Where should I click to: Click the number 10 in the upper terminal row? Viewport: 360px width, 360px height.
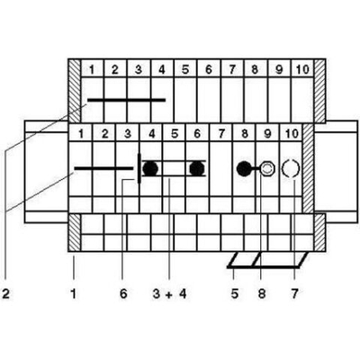point(302,69)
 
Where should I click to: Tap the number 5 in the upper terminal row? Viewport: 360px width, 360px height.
point(185,69)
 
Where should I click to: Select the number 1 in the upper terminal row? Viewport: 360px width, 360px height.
point(92,69)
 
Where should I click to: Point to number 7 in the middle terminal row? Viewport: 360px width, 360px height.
point(221,133)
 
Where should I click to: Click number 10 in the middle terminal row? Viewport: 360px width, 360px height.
point(292,133)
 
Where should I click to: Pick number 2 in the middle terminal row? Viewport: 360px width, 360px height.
point(104,133)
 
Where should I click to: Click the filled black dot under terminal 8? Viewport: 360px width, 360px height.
point(245,168)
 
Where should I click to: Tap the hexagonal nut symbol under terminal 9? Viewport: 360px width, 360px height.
point(266,168)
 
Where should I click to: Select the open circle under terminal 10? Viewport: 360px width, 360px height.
point(291,168)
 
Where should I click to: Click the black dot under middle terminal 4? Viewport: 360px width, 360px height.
point(150,168)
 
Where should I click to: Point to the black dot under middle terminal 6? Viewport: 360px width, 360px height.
point(197,168)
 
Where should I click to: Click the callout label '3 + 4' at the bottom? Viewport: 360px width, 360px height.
point(169,294)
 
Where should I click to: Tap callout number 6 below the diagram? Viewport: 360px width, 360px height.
point(123,294)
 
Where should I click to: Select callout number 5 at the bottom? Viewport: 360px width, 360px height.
point(235,294)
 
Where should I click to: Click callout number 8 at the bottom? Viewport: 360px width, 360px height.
point(262,294)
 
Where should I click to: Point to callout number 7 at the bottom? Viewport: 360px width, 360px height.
point(294,294)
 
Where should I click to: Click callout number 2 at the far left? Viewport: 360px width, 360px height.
point(5,294)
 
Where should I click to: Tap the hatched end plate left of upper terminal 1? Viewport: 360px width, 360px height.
point(75,91)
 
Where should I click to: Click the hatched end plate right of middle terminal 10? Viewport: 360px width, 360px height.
point(308,168)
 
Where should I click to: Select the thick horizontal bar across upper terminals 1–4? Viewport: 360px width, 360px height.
point(126,100)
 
